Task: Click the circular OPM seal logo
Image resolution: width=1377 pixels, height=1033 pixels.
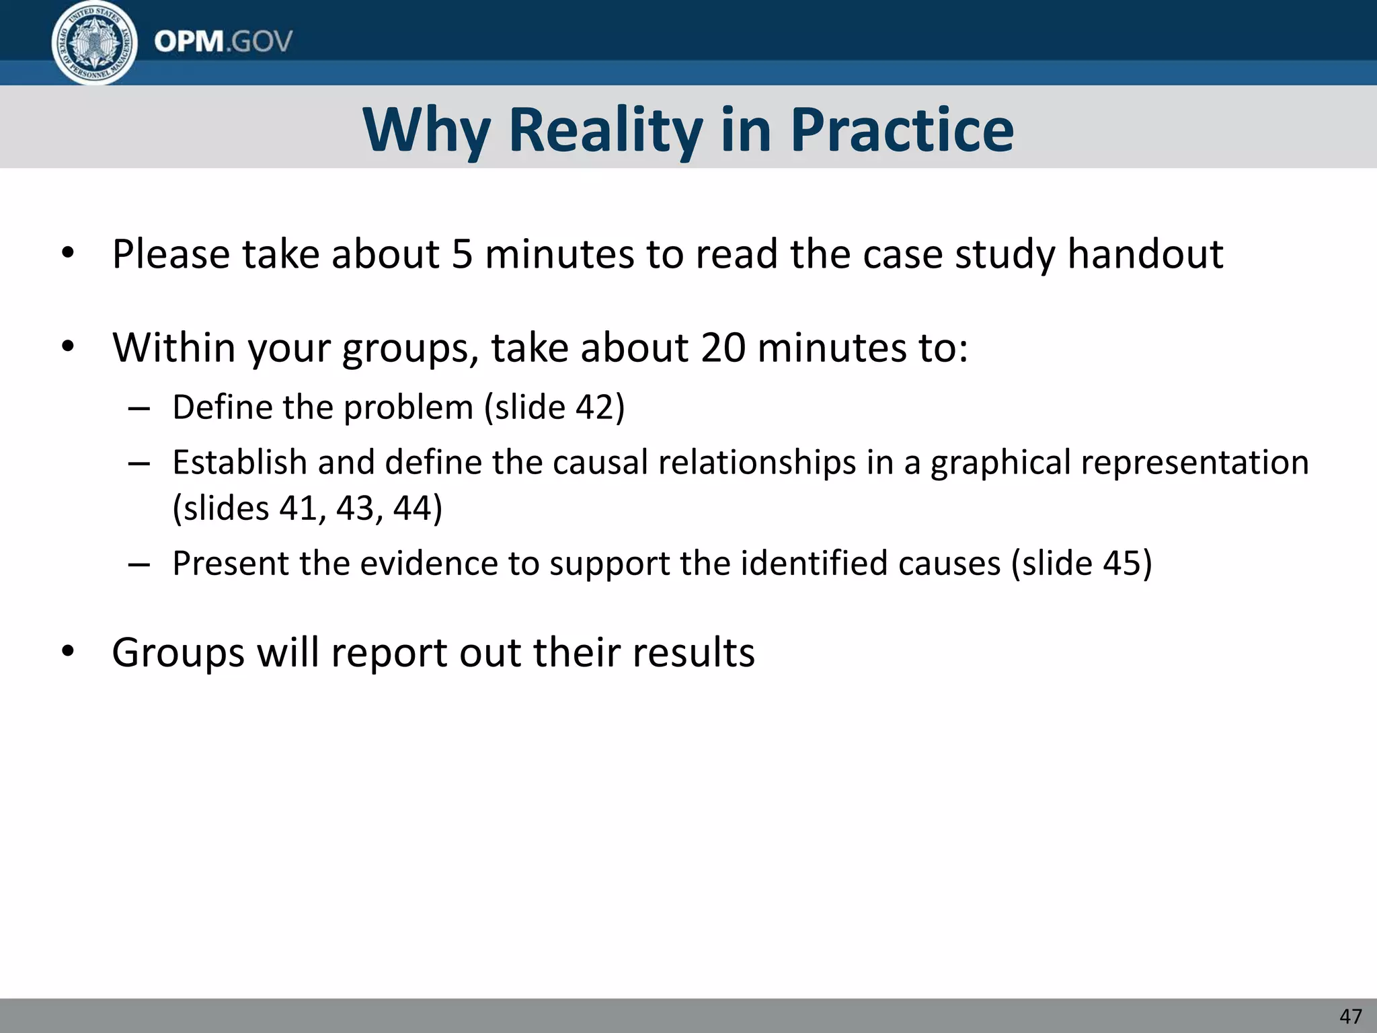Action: click(x=94, y=43)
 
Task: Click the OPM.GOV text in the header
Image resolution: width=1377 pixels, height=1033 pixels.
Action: click(x=223, y=42)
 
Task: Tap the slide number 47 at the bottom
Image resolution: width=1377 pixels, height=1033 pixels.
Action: click(x=1350, y=1016)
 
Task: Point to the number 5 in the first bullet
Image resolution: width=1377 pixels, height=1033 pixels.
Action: click(x=462, y=254)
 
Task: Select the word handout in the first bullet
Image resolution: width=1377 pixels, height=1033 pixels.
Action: click(x=1145, y=254)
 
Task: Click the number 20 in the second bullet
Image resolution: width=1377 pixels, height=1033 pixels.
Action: click(x=723, y=348)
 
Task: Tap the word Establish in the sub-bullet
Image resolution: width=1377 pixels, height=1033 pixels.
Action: click(x=239, y=463)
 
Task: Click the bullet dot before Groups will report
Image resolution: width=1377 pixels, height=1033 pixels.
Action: click(x=67, y=652)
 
